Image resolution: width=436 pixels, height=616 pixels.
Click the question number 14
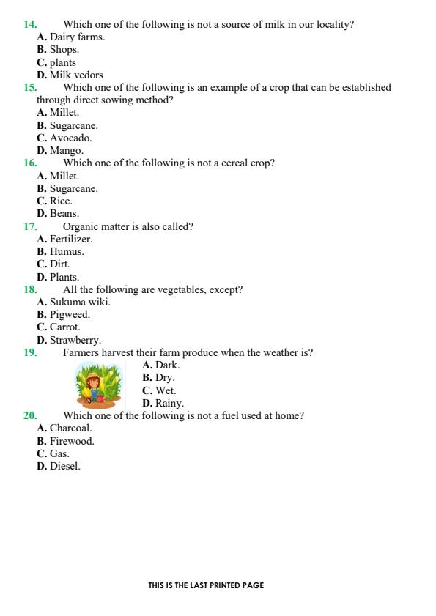(x=30, y=24)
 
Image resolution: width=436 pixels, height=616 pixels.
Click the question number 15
(x=30, y=87)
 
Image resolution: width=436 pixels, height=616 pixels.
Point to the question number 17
(x=30, y=226)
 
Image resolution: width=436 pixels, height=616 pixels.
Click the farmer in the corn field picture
(x=94, y=387)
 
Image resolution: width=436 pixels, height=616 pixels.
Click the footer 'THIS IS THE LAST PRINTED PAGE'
(x=206, y=585)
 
